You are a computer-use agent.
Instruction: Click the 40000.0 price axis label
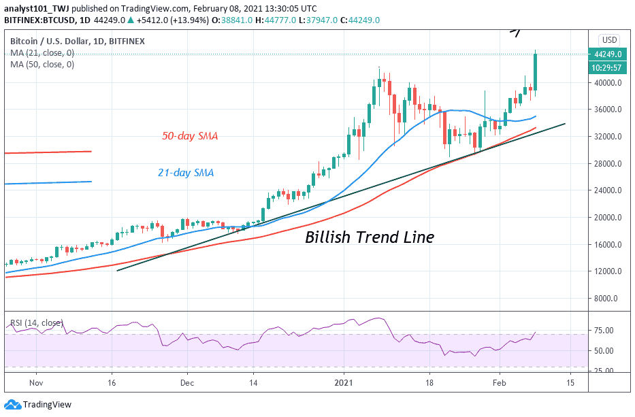tap(608, 83)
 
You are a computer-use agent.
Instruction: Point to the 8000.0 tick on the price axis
tap(610, 299)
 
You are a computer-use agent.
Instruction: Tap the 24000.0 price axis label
tap(608, 190)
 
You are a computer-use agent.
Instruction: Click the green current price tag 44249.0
tap(608, 54)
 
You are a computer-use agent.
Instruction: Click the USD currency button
tap(609, 40)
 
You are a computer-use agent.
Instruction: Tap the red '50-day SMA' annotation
tap(190, 136)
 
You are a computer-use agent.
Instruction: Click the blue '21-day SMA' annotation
tap(186, 173)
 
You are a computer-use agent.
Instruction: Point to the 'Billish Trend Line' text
tap(370, 237)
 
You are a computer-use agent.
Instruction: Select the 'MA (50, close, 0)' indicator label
tap(42, 65)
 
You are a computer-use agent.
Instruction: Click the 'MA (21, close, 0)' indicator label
tap(42, 52)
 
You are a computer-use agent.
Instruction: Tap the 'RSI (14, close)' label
tap(37, 322)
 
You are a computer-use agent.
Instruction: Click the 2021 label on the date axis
tap(344, 382)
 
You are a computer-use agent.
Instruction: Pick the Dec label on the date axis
tap(187, 382)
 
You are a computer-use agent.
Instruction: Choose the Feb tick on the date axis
tap(500, 382)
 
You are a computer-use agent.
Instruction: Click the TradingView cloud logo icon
tap(12, 404)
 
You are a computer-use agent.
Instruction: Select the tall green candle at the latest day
tap(536, 72)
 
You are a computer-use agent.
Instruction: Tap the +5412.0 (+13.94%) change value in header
tap(173, 20)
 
